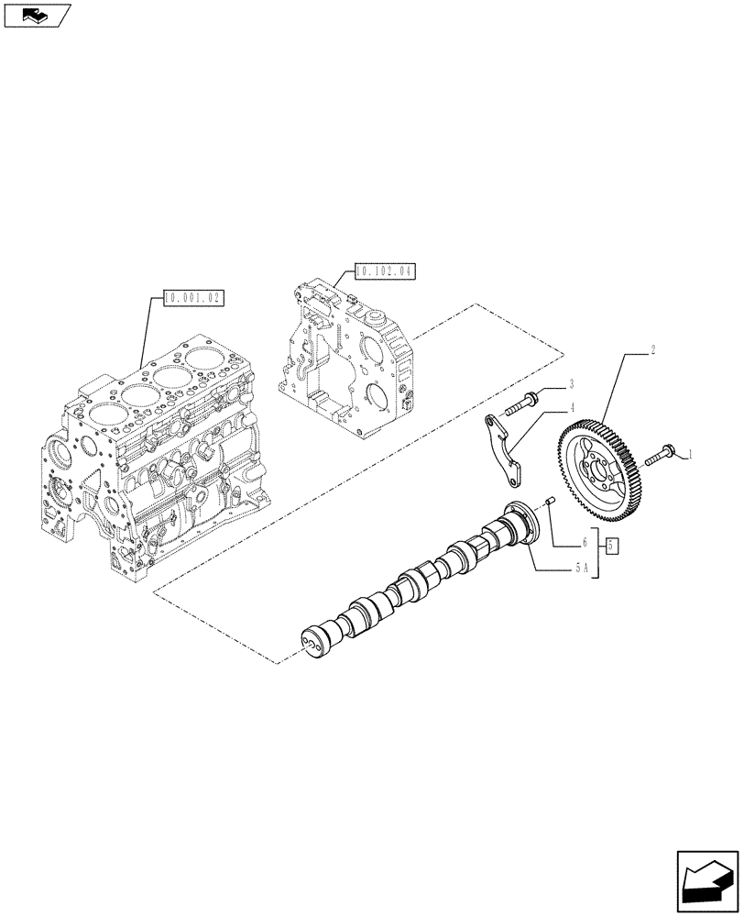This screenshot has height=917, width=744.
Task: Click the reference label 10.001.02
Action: (192, 297)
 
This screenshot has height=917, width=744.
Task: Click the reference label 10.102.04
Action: (385, 271)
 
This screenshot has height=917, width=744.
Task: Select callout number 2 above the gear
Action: (651, 349)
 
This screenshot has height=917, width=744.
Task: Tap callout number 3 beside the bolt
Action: (570, 383)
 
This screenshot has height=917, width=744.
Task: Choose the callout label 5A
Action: (581, 568)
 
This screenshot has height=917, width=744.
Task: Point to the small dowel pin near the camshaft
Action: (552, 501)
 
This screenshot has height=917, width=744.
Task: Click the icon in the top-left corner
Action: (37, 15)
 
